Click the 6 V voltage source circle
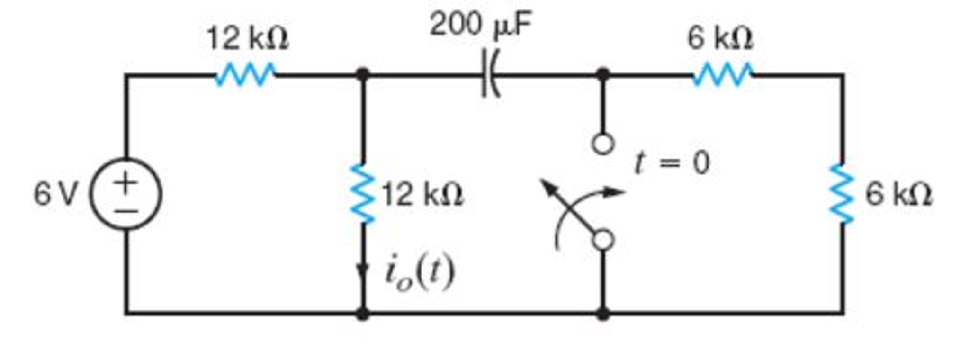click(126, 194)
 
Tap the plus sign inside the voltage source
click(126, 182)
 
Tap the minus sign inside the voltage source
click(126, 210)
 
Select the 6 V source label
click(54, 195)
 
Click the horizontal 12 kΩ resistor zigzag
click(245, 75)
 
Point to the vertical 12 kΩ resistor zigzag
click(363, 193)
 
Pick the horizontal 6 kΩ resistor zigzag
click(722, 75)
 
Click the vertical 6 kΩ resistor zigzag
click(842, 193)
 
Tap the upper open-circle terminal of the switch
click(602, 144)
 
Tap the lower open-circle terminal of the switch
click(602, 240)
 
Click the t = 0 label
click(673, 162)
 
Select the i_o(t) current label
click(420, 273)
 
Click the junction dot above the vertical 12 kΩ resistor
click(363, 75)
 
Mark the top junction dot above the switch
click(602, 75)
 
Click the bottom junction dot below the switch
click(602, 313)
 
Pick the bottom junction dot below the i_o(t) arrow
click(363, 313)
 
